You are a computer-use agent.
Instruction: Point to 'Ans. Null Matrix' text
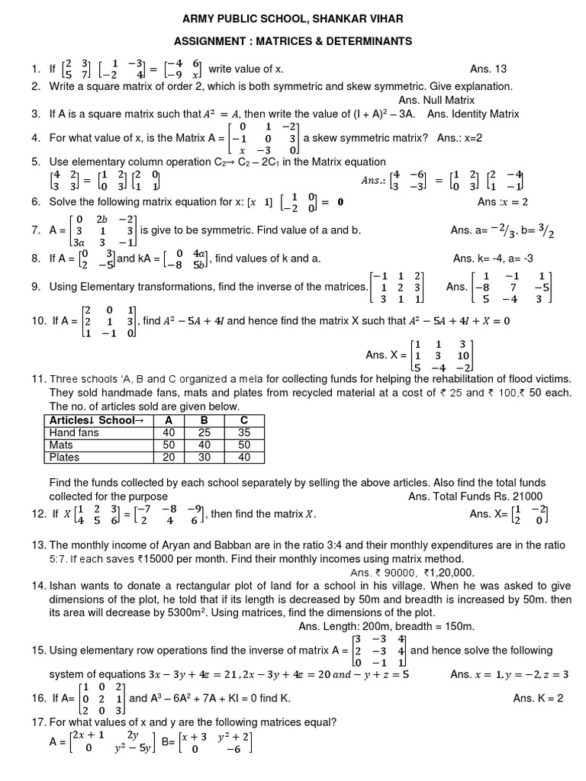[x=436, y=100]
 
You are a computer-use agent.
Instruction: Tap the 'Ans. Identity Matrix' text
[x=473, y=114]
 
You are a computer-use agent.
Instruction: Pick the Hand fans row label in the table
[x=74, y=432]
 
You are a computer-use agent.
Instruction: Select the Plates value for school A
[x=169, y=457]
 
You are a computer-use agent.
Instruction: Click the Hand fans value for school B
[x=204, y=432]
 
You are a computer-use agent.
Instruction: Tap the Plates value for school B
[x=204, y=457]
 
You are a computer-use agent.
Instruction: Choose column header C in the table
[x=243, y=420]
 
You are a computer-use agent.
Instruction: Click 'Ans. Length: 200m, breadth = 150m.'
[x=387, y=626]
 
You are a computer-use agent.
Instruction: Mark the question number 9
[x=36, y=287]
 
